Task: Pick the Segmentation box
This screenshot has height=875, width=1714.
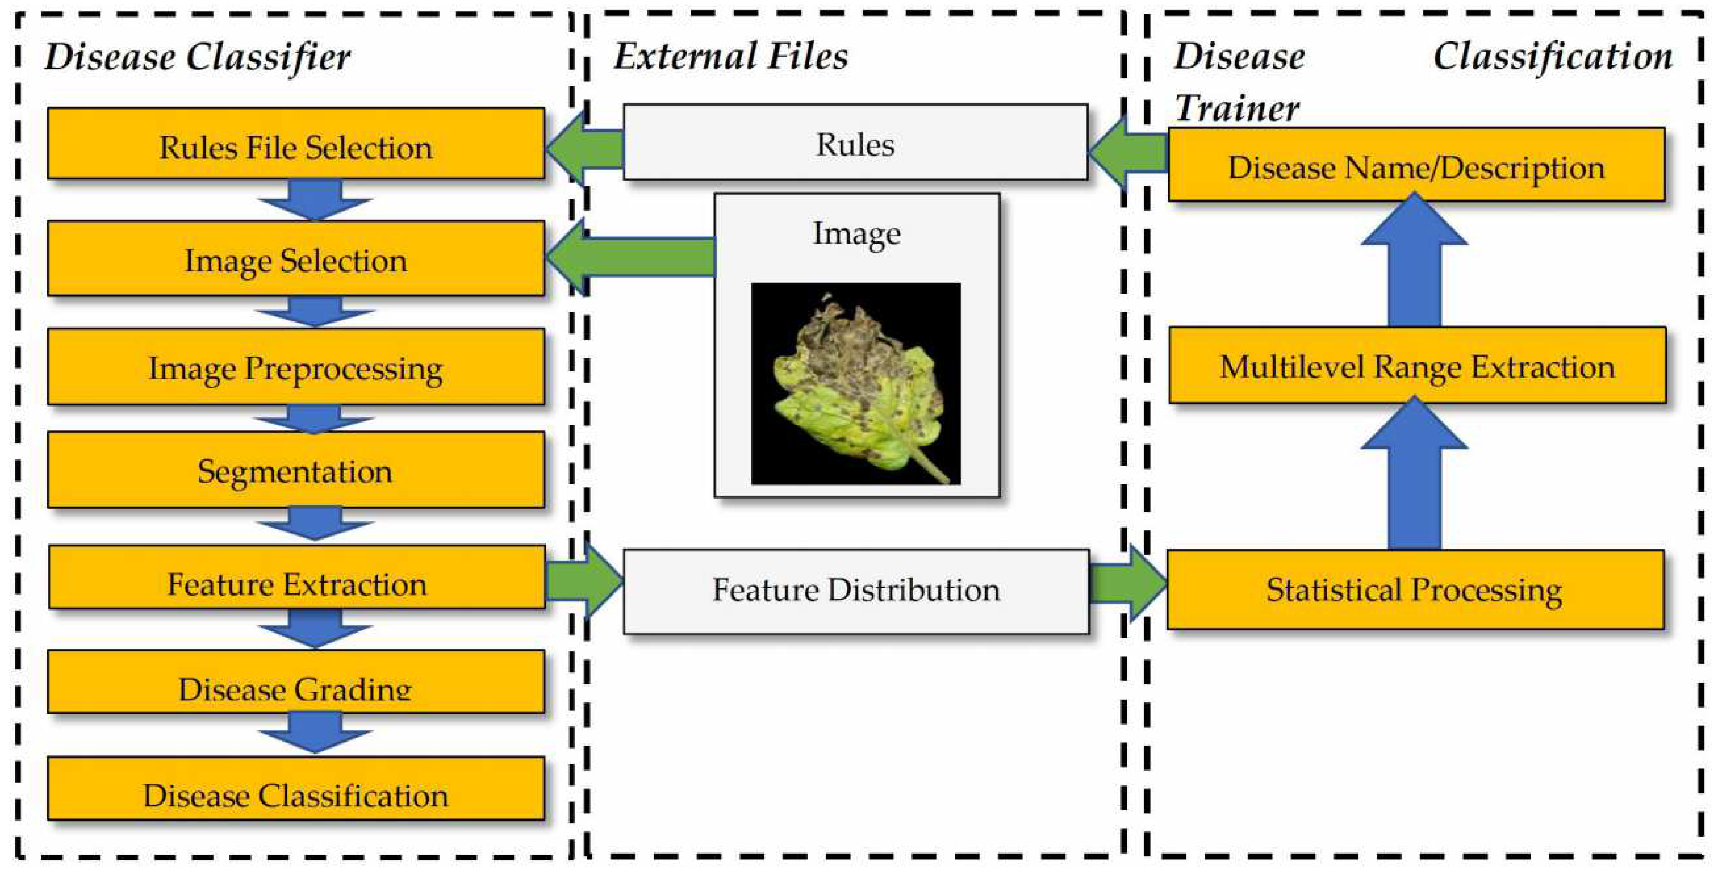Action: (295, 470)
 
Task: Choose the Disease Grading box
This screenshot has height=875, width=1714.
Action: (295, 682)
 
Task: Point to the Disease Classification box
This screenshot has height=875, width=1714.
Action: (295, 789)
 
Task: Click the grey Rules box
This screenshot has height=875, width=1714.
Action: (855, 142)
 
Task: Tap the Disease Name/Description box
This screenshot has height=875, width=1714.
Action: (1416, 165)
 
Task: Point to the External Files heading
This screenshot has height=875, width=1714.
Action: (731, 56)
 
